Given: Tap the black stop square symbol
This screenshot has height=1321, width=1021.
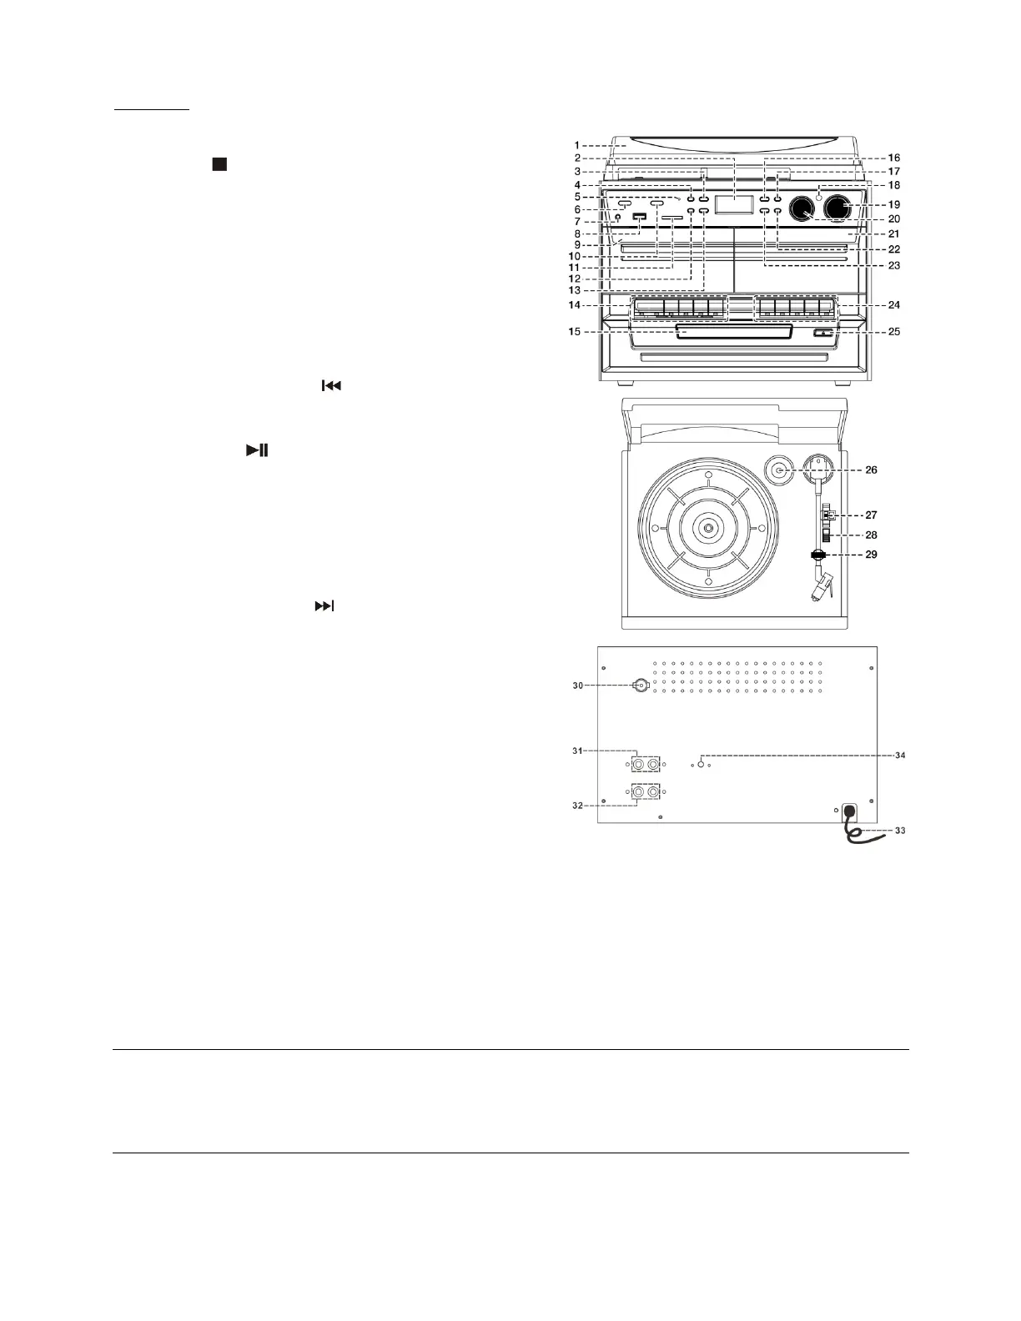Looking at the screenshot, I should click(219, 164).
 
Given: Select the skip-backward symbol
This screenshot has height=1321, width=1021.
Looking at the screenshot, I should click(331, 386).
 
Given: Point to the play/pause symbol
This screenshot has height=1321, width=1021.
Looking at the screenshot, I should click(257, 450).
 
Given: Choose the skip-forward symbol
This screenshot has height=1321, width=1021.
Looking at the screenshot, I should click(324, 606).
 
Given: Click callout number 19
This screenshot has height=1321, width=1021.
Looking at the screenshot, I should click(893, 204).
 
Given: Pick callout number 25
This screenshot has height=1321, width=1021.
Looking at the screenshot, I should click(893, 332).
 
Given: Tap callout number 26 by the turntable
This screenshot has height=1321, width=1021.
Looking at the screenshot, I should click(871, 470).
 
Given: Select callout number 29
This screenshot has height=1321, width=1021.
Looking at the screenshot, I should click(871, 554).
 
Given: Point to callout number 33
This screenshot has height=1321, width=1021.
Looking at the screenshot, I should click(899, 831).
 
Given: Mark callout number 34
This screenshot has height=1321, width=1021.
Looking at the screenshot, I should click(899, 756).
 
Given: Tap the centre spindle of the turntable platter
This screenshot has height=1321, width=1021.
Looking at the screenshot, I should click(707, 527).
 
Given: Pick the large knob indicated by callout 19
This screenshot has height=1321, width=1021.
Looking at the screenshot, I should click(842, 209).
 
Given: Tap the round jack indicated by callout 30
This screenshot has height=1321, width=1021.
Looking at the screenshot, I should click(641, 686).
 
